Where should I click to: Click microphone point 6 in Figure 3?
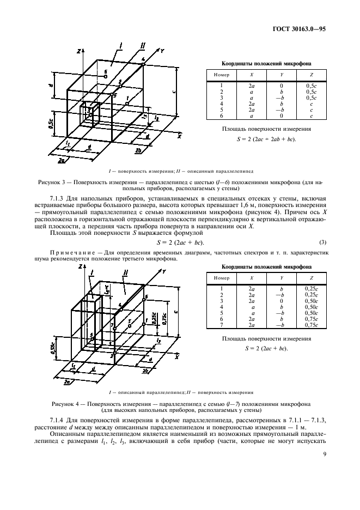[x=105, y=77]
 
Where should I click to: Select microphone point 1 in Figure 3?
[x=126, y=102]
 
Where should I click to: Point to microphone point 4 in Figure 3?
[x=143, y=64]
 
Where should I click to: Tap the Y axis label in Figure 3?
[x=162, y=50]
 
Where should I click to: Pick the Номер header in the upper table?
[x=222, y=74]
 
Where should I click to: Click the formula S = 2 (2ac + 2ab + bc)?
[x=267, y=139]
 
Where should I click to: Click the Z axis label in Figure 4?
[x=79, y=267]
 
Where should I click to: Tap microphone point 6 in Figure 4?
[x=144, y=299]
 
